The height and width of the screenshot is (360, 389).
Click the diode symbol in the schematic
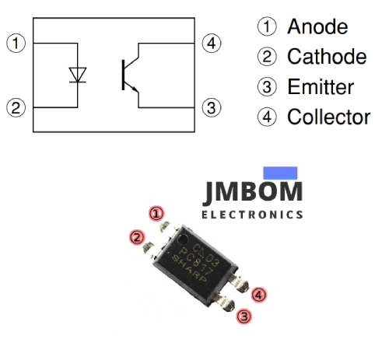77,75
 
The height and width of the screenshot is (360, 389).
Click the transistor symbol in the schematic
129,75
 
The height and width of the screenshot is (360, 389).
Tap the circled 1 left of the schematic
16,43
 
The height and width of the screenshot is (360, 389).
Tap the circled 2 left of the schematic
16,107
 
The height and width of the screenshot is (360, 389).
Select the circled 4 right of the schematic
211,43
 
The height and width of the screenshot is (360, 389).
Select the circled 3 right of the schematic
211,107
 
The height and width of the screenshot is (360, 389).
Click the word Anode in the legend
317,26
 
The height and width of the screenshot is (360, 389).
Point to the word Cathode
327,57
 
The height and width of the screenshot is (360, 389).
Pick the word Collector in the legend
329,117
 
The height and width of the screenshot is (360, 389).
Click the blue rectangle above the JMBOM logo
281,173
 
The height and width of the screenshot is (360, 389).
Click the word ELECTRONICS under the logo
252,214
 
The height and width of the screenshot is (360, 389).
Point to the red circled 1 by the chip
157,213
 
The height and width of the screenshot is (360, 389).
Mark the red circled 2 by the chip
137,237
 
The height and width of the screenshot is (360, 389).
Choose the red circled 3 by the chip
244,316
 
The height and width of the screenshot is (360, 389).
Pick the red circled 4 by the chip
259,295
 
